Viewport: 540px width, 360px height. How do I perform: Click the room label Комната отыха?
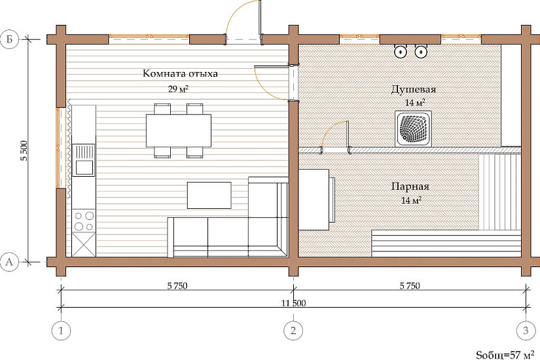(x=180, y=73)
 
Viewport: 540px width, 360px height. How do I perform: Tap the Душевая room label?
(x=413, y=89)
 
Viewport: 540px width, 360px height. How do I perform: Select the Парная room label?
(x=410, y=187)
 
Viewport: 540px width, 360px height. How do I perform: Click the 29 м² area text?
(x=178, y=89)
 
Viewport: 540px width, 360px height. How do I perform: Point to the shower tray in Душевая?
(x=413, y=128)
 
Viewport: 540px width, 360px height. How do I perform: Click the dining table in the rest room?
(x=179, y=130)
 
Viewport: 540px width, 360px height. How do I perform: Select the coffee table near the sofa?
(x=209, y=195)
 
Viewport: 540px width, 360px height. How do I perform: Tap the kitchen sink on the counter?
(x=84, y=160)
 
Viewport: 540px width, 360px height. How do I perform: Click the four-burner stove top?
(x=84, y=221)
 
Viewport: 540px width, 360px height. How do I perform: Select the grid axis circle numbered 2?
(x=293, y=331)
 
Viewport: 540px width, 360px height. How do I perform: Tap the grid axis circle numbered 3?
(x=526, y=331)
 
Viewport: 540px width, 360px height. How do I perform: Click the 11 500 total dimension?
(x=293, y=303)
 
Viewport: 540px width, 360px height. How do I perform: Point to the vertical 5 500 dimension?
(x=24, y=151)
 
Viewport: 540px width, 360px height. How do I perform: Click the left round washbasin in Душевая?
(x=401, y=52)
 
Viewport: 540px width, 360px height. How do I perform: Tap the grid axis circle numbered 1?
(x=61, y=331)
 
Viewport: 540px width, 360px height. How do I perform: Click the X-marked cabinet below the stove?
(x=84, y=245)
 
